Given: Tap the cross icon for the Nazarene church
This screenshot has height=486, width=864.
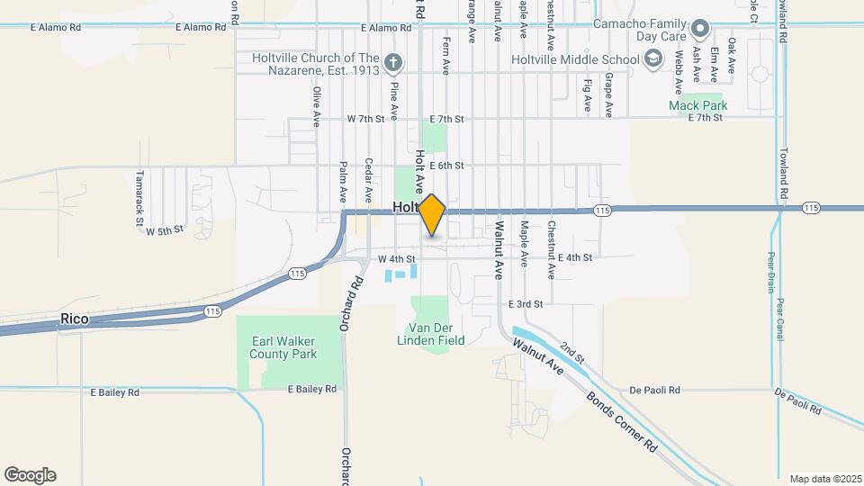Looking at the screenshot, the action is pyautogui.click(x=392, y=62).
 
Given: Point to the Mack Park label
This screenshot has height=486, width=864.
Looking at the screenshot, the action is pyautogui.click(x=697, y=105).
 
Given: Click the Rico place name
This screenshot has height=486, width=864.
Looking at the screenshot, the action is pyautogui.click(x=74, y=319).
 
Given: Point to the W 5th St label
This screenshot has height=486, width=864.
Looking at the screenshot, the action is pyautogui.click(x=165, y=231).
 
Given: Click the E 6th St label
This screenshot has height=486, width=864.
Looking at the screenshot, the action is pyautogui.click(x=446, y=166).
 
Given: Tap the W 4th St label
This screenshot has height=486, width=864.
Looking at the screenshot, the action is pyautogui.click(x=394, y=259).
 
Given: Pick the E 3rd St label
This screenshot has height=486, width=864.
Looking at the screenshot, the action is pyautogui.click(x=526, y=304).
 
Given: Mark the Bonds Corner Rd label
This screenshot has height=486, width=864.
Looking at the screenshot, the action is pyautogui.click(x=621, y=422).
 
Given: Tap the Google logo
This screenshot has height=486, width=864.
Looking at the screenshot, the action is pyautogui.click(x=30, y=474).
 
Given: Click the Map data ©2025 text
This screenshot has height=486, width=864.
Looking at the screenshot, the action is pyautogui.click(x=824, y=479).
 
